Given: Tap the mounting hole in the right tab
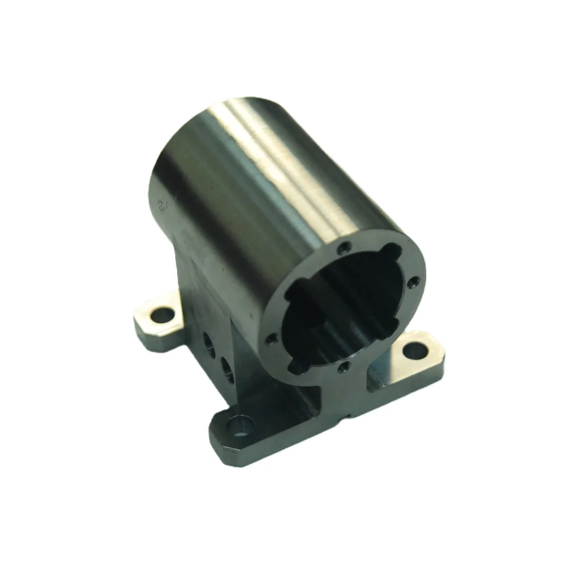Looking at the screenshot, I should (x=415, y=351).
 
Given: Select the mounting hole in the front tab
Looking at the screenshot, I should (x=241, y=426).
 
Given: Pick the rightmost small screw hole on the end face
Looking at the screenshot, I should (x=414, y=281).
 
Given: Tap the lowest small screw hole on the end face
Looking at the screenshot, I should (x=342, y=368).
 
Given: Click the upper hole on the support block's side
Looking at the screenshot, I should (x=207, y=340).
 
